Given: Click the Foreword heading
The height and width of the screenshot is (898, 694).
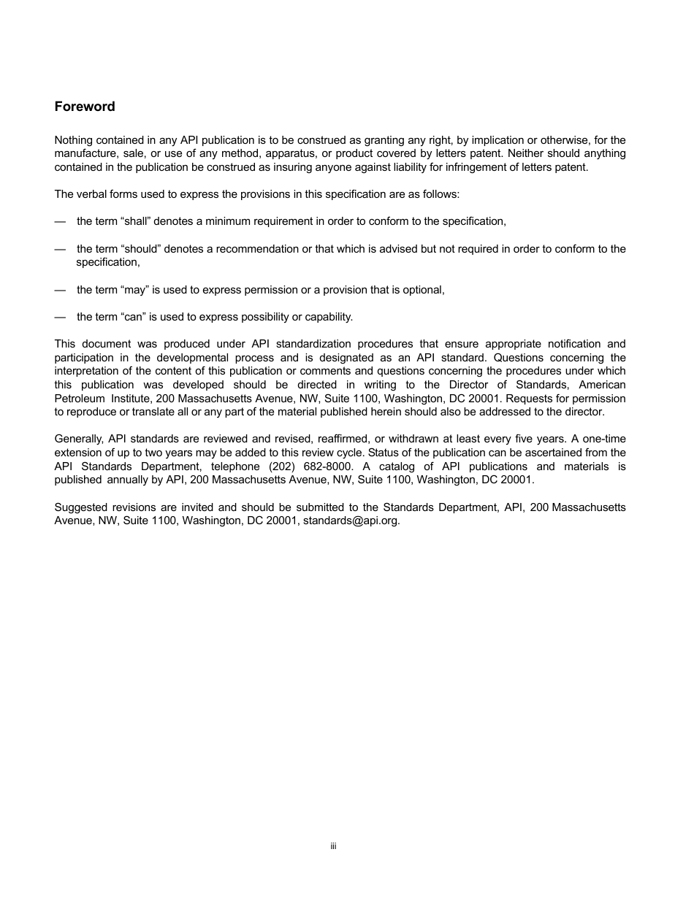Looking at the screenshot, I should click(x=85, y=107).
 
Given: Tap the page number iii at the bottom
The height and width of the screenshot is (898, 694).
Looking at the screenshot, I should click(x=333, y=846).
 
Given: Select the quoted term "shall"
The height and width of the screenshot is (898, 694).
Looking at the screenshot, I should click(x=134, y=221).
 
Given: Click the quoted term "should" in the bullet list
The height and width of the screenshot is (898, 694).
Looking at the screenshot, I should click(x=139, y=249).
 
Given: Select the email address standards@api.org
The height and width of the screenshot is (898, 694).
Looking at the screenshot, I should click(x=351, y=521).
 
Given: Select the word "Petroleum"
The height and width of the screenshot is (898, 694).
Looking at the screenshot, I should click(x=78, y=399).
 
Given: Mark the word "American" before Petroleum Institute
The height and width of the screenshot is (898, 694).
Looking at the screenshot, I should click(x=602, y=385).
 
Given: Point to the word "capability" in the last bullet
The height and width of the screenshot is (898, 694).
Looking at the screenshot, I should click(x=326, y=317).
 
